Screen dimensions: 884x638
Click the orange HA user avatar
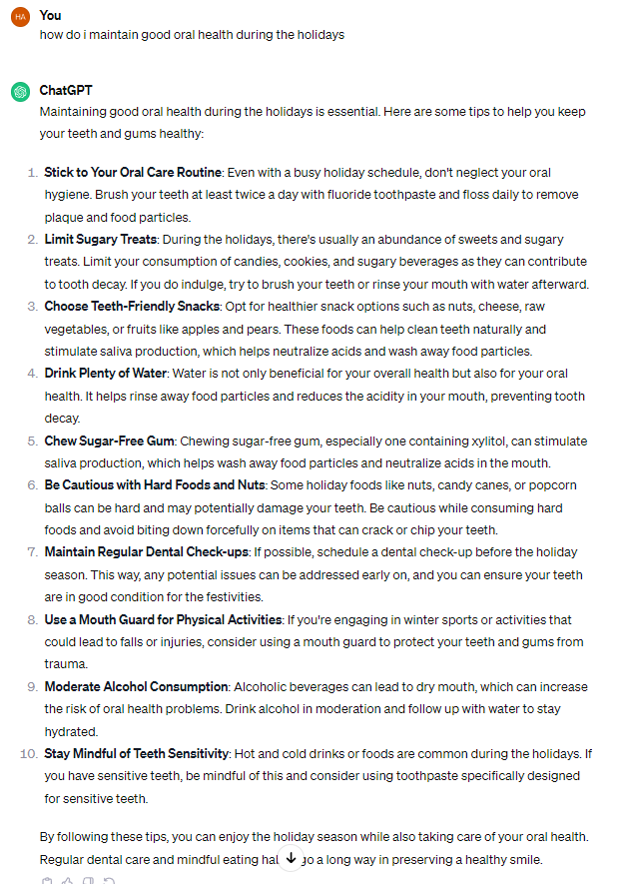coord(20,16)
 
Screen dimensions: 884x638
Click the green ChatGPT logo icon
coord(20,92)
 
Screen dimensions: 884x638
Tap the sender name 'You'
coord(50,15)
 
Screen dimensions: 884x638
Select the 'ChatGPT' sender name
coord(66,91)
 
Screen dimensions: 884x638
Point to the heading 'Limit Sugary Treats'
coord(100,240)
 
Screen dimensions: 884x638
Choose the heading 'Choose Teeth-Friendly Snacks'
coord(132,307)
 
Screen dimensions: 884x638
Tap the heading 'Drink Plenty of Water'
coord(106,374)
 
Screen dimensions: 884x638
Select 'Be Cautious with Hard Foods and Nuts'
coord(154,485)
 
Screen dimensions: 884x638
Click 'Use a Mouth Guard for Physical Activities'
coord(163,620)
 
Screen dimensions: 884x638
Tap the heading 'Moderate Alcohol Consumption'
coord(136,687)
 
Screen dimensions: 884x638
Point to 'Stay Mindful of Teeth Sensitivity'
coord(137,753)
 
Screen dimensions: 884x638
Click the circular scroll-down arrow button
coord(291,858)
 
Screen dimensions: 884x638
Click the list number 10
coord(28,753)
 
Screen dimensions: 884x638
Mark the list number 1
coord(31,173)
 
